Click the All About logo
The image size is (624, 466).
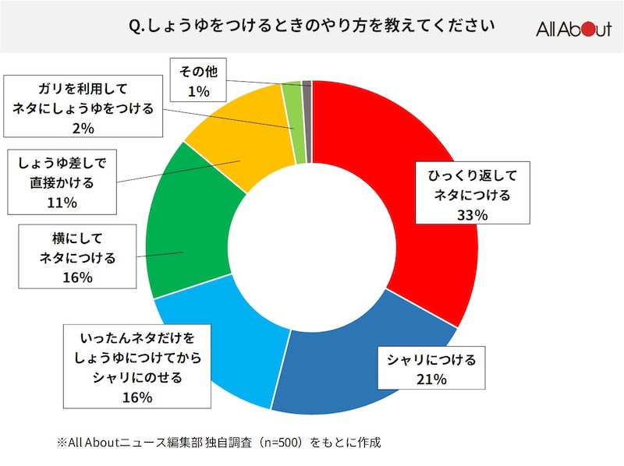click(573, 30)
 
